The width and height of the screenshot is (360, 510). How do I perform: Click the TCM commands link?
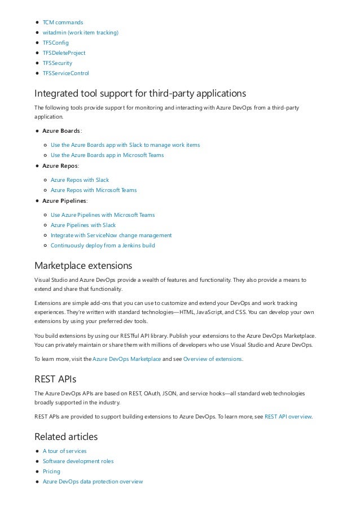point(63,22)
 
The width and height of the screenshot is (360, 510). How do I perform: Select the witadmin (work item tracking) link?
point(81,32)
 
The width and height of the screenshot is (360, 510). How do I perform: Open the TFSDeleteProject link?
point(64,53)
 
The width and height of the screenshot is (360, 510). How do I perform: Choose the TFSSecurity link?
point(58,63)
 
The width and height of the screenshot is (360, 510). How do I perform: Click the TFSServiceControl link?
point(65,73)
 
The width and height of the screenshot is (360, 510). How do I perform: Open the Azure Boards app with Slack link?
point(125,145)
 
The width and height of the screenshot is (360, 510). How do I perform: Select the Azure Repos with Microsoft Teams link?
point(94,190)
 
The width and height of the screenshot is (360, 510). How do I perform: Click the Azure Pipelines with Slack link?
point(83,225)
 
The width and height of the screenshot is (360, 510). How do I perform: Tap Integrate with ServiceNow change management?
point(111,235)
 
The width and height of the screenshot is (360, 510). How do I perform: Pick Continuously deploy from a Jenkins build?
point(103,245)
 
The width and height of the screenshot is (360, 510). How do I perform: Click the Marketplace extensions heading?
point(83,265)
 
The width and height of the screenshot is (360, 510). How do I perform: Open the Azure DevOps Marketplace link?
point(126,359)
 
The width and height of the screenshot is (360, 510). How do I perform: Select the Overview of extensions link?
point(213,359)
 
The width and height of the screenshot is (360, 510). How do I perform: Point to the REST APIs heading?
point(55,379)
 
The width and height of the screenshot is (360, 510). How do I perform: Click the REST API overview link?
point(288,416)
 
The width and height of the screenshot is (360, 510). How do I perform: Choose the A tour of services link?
point(65,451)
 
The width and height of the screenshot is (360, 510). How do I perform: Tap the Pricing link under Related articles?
point(51,471)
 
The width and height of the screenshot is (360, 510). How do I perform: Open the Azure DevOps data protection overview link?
point(93,481)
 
